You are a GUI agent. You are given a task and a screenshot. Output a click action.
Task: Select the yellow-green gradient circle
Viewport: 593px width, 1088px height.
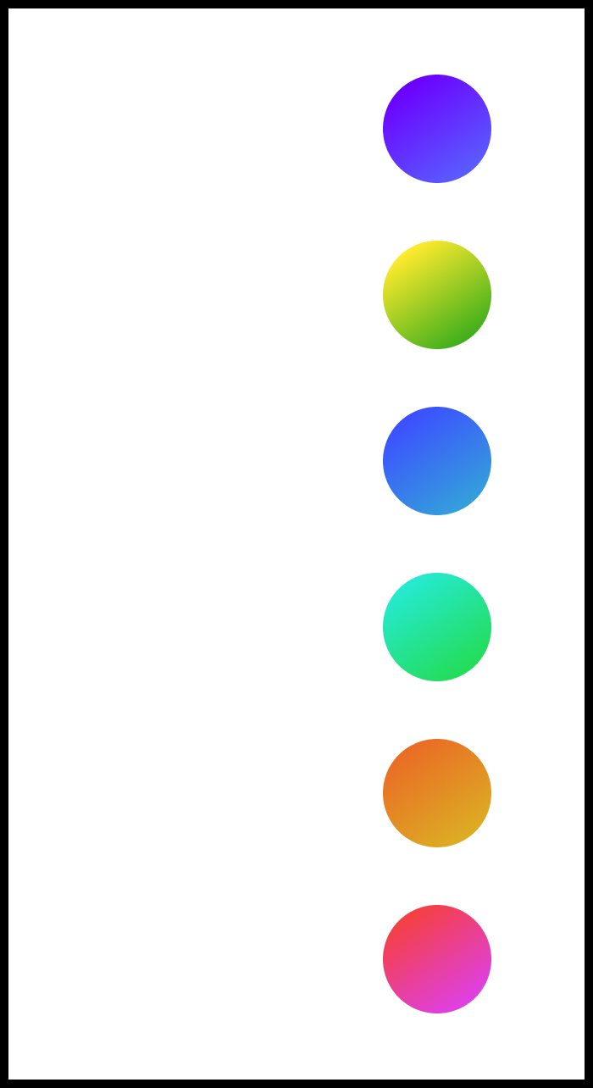tap(435, 296)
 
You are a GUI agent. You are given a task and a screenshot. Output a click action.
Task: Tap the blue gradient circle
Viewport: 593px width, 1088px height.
tap(435, 462)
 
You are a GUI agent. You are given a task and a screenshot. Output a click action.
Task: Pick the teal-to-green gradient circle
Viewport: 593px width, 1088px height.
tap(435, 628)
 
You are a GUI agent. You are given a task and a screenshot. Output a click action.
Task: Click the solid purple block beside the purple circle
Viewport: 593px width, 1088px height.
tap(539, 127)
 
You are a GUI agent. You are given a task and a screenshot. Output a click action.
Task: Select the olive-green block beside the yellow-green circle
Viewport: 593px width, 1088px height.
tap(539, 322)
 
